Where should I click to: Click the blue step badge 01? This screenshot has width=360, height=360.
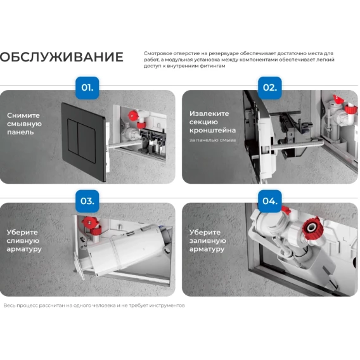(x=87, y=87)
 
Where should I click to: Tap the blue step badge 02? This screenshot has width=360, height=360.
(x=270, y=87)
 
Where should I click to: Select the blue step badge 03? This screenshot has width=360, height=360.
(x=87, y=201)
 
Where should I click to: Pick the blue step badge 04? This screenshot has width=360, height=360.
(x=270, y=201)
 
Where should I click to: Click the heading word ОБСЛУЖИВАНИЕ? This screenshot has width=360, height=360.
(x=61, y=57)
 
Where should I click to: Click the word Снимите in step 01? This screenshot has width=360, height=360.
(x=23, y=115)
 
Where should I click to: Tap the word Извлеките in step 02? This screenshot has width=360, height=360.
(x=209, y=113)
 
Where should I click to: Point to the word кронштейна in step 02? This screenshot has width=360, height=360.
(x=212, y=131)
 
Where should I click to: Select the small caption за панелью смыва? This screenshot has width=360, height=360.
(x=212, y=140)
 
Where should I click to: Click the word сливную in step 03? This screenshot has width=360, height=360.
(x=23, y=241)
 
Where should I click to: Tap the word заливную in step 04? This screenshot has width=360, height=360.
(x=207, y=241)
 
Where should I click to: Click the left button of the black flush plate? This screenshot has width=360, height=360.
(x=74, y=136)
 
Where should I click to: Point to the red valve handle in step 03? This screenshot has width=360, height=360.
(x=90, y=222)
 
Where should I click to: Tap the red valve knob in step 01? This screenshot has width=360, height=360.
(x=132, y=116)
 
